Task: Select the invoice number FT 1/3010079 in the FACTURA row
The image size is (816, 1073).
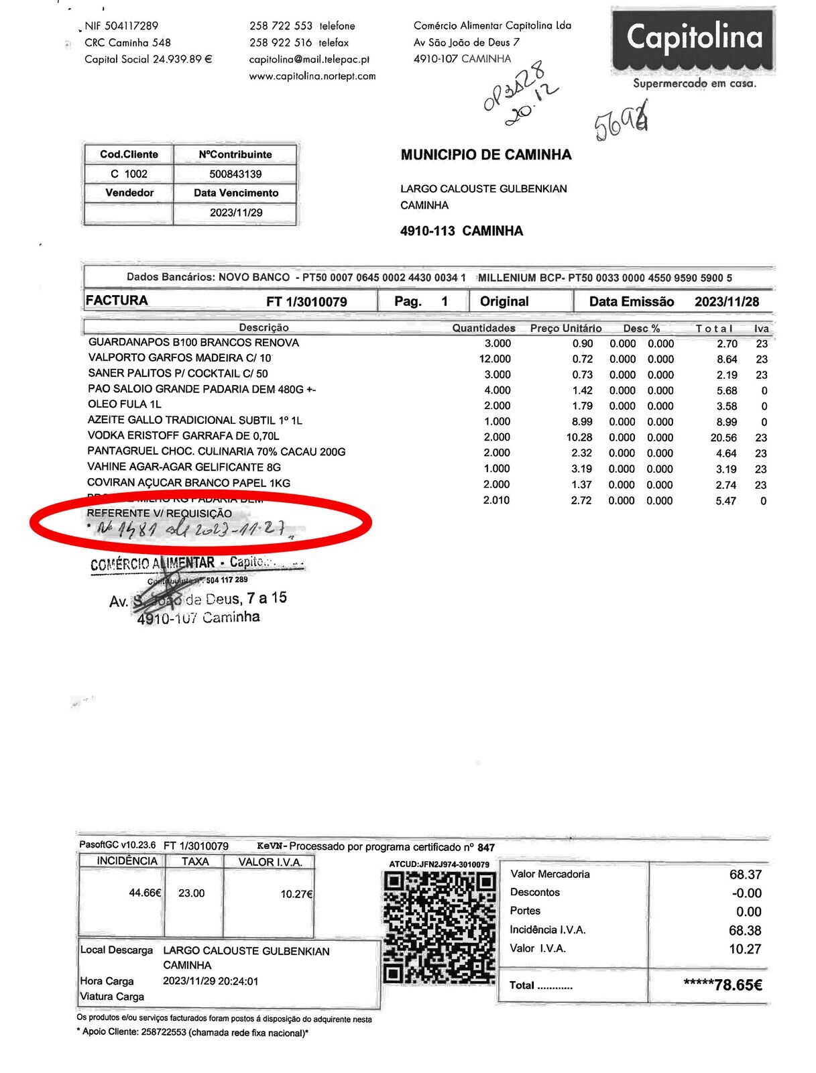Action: [x=306, y=302]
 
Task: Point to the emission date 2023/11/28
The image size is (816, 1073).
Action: [x=727, y=302]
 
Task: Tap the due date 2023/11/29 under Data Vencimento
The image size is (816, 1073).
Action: [x=236, y=213]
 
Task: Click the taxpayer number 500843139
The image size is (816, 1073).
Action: [x=235, y=174]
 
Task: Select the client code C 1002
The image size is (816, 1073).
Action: [x=129, y=174]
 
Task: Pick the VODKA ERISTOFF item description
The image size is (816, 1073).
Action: [x=183, y=436]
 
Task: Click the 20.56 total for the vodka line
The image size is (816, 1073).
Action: [x=723, y=438]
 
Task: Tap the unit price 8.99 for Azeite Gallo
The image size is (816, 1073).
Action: [x=581, y=422]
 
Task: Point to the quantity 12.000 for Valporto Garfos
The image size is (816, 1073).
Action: [x=495, y=359]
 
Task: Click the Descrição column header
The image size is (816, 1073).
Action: [x=264, y=327]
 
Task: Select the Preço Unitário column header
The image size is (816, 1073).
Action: [x=566, y=328]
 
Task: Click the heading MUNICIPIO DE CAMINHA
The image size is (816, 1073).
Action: [x=486, y=155]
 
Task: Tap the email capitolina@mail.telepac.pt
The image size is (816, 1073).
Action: [x=309, y=59]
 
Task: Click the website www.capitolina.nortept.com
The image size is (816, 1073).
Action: [x=312, y=76]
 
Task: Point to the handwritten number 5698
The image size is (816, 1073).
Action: [x=622, y=123]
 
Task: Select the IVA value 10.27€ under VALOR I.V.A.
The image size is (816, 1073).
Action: [x=296, y=894]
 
